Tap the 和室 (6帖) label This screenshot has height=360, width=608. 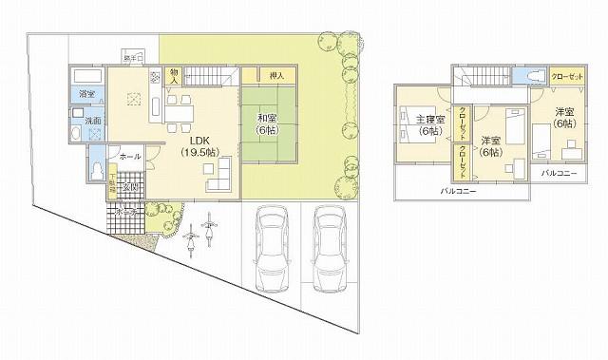tap(265, 124)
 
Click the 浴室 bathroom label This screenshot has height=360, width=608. tap(86, 94)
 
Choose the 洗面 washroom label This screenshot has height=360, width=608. tap(94, 122)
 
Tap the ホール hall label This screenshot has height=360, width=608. tap(130, 156)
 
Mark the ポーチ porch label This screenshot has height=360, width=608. tap(125, 214)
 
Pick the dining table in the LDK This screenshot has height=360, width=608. tap(177, 112)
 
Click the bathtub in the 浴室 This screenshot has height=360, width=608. tap(86, 76)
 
